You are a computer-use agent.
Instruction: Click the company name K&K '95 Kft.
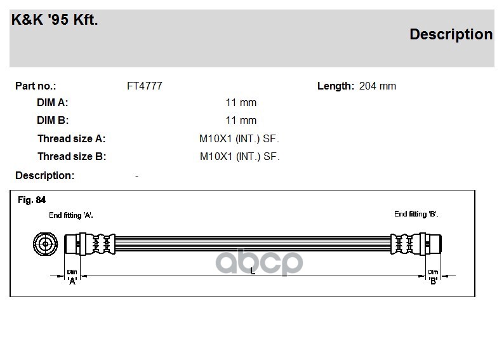point(55,20)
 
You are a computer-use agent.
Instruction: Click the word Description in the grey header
point(451,34)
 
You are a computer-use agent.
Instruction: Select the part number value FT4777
point(145,86)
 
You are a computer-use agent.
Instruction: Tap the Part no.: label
point(36,86)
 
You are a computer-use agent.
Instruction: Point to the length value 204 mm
point(377,86)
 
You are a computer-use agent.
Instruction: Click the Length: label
point(335,86)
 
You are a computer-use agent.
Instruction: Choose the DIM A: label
point(53,102)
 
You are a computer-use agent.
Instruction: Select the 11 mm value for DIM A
point(241,102)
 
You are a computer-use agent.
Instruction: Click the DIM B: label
point(53,120)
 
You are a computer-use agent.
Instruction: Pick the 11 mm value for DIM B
point(241,120)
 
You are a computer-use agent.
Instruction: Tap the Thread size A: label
point(71,138)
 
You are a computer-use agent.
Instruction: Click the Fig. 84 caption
point(32,200)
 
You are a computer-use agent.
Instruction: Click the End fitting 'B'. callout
point(416,214)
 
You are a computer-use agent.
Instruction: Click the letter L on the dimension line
point(253,272)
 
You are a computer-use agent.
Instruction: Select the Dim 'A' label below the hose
point(72,277)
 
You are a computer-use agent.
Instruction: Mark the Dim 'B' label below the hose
point(433,276)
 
